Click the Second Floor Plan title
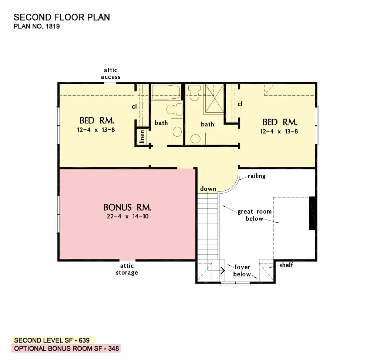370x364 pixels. (x=62, y=17)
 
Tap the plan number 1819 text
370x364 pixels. (x=37, y=27)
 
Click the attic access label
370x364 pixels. (x=111, y=74)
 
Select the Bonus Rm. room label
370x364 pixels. (x=127, y=207)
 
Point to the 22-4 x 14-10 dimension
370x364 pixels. (x=127, y=217)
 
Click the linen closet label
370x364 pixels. (x=142, y=137)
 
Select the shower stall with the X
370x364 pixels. (x=214, y=98)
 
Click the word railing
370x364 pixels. (x=256, y=176)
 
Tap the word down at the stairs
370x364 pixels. (x=208, y=189)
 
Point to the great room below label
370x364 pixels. (x=255, y=215)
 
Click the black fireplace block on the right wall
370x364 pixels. (x=313, y=213)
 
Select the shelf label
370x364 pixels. (x=286, y=265)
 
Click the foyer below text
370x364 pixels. (x=242, y=271)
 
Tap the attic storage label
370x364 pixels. (x=127, y=269)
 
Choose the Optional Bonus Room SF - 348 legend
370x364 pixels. (x=66, y=348)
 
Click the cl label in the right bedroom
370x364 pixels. (x=240, y=104)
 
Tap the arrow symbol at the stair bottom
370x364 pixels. (x=223, y=270)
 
